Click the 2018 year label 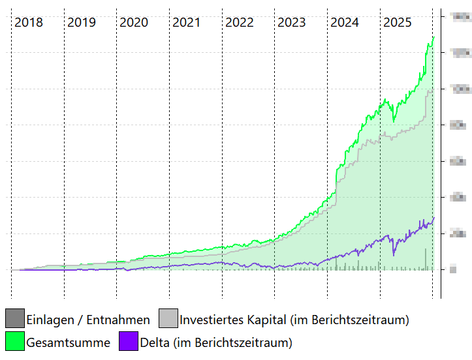29,23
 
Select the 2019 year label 82,23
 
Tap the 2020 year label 134,23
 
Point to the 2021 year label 187,23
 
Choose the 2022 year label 240,23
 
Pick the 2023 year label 292,23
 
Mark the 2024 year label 345,23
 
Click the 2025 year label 398,23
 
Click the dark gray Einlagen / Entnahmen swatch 15,319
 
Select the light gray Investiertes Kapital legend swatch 168,319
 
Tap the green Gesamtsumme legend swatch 15,341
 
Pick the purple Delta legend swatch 129,341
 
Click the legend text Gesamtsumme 68,342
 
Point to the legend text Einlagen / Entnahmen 88,320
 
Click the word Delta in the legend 155,342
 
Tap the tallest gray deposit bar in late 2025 426,259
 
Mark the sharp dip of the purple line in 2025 393,254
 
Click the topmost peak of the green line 433,37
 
